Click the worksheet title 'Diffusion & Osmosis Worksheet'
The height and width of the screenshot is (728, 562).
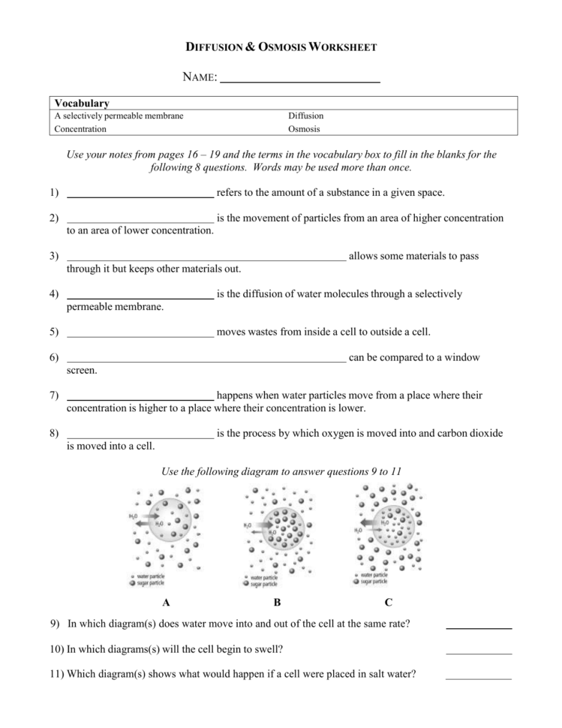tap(281, 47)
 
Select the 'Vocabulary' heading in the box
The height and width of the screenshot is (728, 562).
tap(82, 103)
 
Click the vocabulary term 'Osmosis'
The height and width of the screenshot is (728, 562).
tap(304, 128)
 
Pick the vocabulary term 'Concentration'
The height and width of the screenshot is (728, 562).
tap(80, 128)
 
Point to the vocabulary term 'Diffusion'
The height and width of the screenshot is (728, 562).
tap(305, 116)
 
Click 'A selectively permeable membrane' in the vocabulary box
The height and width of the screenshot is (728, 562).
tap(119, 116)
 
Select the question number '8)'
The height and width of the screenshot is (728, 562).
tap(54, 433)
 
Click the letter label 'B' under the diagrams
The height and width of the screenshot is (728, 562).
tap(277, 602)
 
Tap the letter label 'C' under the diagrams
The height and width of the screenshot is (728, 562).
tap(388, 602)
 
